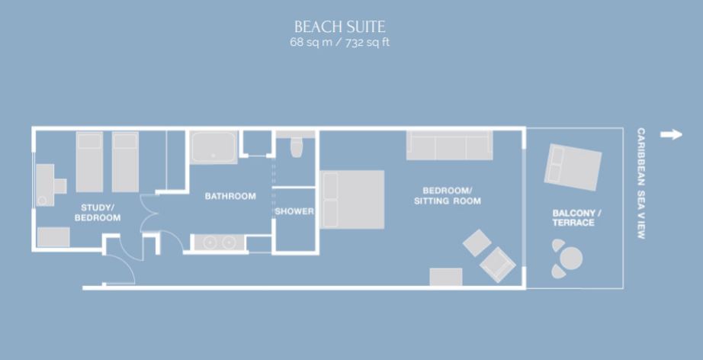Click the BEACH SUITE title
339,27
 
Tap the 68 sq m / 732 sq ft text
339,43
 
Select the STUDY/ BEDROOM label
98,213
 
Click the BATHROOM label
230,196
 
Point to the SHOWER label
294,211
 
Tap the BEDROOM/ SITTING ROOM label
447,196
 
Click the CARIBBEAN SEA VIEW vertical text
641,183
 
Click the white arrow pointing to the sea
671,134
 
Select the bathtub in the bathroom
213,147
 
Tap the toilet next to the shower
297,147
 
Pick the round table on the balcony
571,259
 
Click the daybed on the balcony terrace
573,167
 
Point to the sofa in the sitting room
449,145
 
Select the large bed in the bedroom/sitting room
352,200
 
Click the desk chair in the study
60,185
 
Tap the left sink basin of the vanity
210,243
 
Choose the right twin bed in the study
125,162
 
